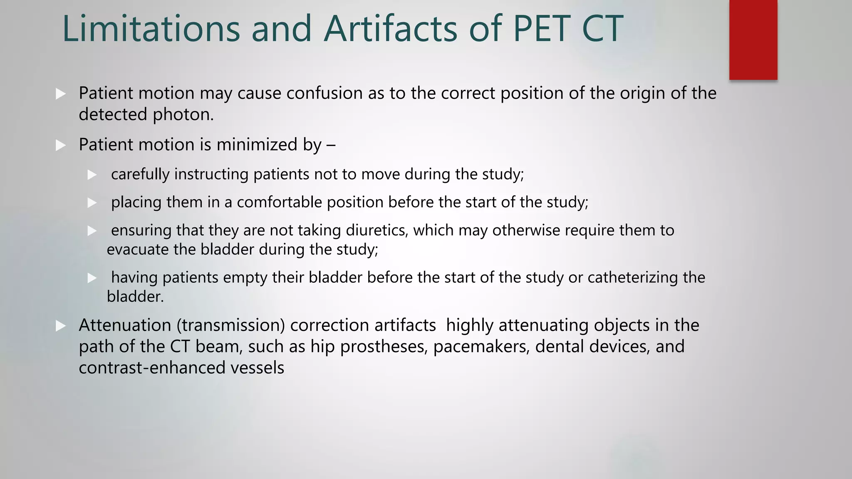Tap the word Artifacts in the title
click(390, 29)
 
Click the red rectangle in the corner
click(753, 40)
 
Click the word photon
click(183, 115)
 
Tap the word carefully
click(140, 174)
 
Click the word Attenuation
click(125, 325)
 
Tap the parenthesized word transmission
click(231, 325)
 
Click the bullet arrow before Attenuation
click(61, 326)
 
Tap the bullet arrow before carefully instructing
click(92, 175)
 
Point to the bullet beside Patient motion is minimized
click(61, 146)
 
